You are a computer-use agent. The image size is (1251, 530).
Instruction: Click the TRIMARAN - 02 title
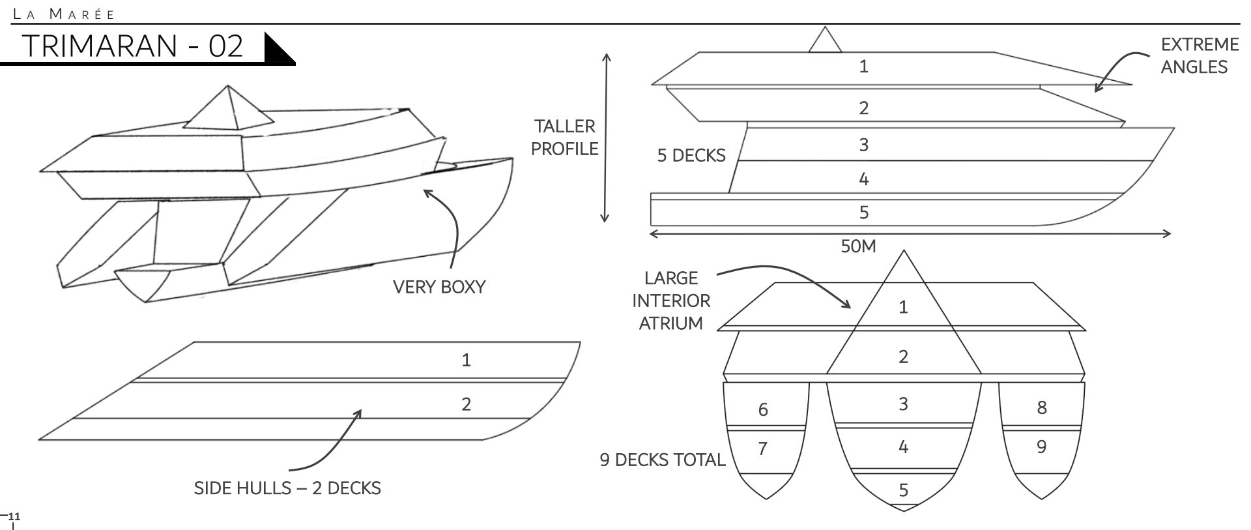click(x=132, y=46)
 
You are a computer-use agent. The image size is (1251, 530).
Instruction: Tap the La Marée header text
click(x=65, y=14)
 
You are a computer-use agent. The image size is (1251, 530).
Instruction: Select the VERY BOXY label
click(x=439, y=287)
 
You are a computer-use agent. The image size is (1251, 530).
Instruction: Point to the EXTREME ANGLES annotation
click(x=1199, y=55)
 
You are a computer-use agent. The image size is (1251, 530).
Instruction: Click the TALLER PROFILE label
click(x=564, y=138)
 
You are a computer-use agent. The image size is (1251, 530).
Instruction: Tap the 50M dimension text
click(x=858, y=246)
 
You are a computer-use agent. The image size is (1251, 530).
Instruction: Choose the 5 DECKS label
click(x=691, y=156)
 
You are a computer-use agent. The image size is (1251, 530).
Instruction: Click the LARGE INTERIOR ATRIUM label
click(x=671, y=301)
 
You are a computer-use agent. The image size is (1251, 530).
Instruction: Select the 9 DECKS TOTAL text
click(x=662, y=460)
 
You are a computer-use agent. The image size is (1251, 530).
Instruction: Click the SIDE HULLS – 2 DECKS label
click(x=287, y=488)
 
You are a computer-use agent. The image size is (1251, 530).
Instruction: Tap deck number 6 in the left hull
click(x=763, y=409)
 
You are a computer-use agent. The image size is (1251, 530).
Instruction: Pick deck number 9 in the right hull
click(x=1041, y=447)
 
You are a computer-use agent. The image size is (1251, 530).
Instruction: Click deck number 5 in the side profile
click(x=864, y=213)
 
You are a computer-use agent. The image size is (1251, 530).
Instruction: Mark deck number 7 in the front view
click(x=762, y=449)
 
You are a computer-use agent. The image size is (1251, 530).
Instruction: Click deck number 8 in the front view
click(x=1041, y=408)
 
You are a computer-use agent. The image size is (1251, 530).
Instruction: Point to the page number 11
click(x=14, y=517)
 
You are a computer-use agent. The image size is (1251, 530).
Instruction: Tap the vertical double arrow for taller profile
click(x=606, y=138)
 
